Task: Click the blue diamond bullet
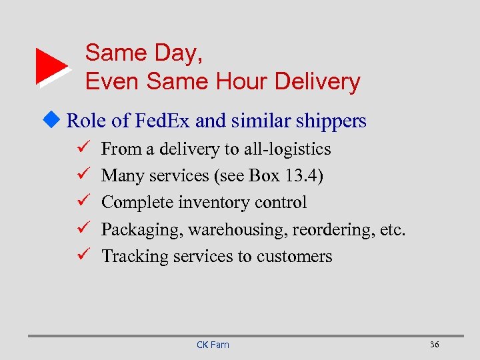55,121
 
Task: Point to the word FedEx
163,121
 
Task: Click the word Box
263,175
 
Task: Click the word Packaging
141,230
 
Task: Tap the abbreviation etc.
391,229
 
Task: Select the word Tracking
135,257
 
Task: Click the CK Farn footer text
213,345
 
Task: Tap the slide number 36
434,344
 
